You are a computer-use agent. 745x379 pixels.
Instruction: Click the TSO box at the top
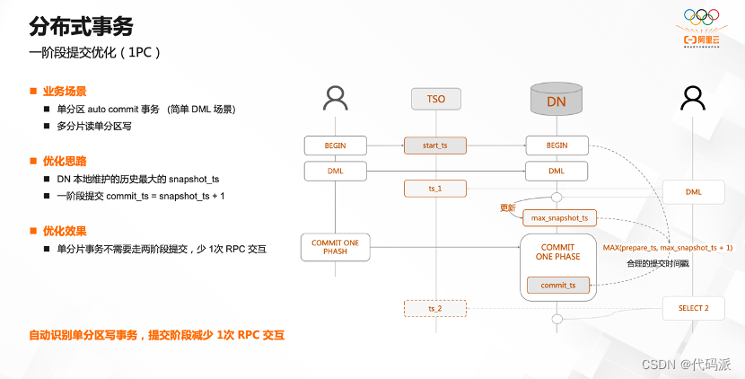tap(435, 99)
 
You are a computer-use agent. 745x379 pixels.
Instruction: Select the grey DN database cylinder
tap(556, 99)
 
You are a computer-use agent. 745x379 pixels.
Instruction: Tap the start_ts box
tap(435, 145)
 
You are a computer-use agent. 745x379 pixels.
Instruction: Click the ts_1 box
tap(435, 189)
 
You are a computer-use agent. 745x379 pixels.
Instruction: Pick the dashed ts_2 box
tap(435, 308)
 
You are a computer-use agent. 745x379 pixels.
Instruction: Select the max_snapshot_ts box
tap(559, 218)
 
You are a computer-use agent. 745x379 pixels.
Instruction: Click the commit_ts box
tap(557, 285)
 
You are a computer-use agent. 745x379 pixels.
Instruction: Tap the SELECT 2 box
tap(694, 308)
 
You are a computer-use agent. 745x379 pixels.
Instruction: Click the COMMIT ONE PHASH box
tap(335, 248)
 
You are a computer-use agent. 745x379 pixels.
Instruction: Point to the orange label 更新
tap(508, 208)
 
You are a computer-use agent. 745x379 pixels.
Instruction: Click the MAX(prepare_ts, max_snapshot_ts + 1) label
tap(668, 247)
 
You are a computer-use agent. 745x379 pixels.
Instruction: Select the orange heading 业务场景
tap(64, 92)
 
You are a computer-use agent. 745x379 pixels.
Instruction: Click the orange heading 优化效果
tap(64, 231)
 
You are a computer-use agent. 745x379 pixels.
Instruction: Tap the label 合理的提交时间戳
tap(657, 264)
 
